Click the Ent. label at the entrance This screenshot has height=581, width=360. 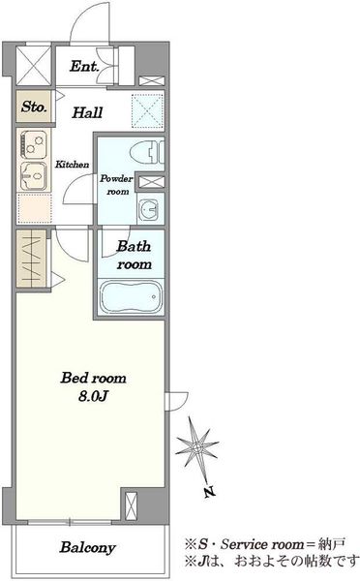click(x=84, y=66)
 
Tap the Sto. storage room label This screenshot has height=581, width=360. click(x=34, y=107)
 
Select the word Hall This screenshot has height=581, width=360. click(x=87, y=112)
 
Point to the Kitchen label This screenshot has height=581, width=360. click(x=73, y=165)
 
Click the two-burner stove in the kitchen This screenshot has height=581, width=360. click(x=34, y=143)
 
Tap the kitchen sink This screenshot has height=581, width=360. click(x=34, y=176)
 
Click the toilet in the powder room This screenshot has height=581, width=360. click(x=147, y=152)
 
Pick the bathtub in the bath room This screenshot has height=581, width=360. click(x=131, y=296)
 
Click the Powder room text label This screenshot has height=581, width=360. click(x=117, y=185)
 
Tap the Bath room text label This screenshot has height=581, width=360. click(x=135, y=256)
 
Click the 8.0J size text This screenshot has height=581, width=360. click(x=93, y=397)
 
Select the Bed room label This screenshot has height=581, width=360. click(x=93, y=378)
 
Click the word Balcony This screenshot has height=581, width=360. click(x=88, y=547)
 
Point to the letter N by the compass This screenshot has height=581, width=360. click(x=209, y=492)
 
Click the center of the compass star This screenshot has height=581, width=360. click(x=196, y=447)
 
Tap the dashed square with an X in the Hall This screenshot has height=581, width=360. click(x=147, y=110)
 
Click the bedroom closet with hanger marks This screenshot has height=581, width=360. click(x=32, y=259)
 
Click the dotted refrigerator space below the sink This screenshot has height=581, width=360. click(x=34, y=208)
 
